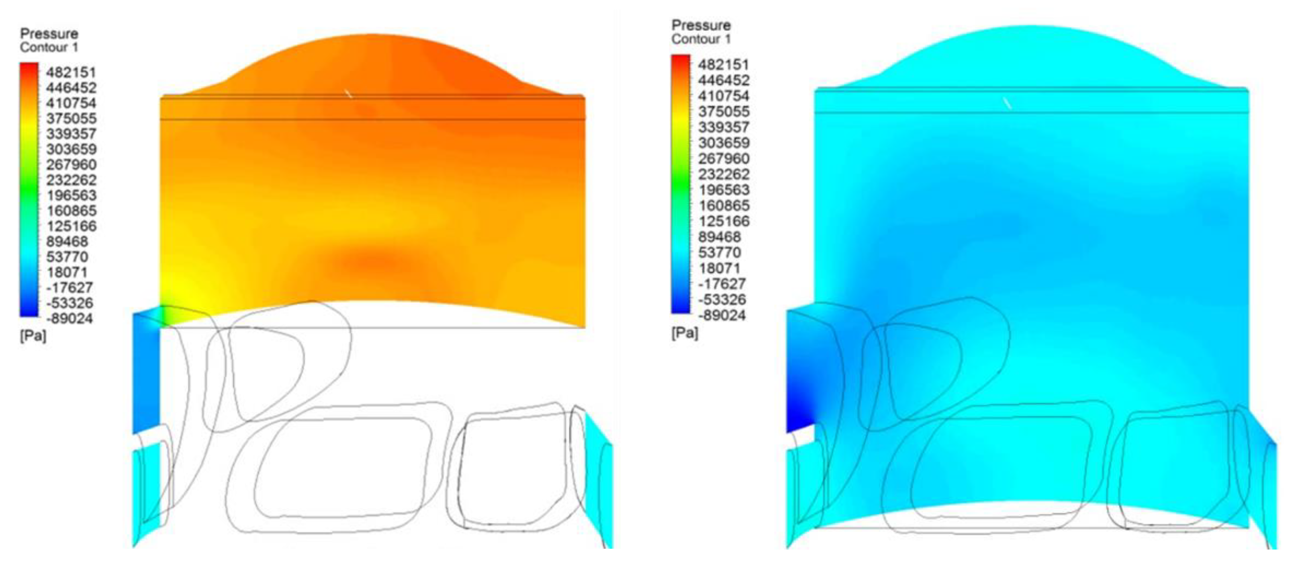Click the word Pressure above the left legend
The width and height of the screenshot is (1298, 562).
(x=49, y=34)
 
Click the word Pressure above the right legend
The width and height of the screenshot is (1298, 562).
(x=701, y=25)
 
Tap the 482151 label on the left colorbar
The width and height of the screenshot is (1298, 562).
(x=71, y=72)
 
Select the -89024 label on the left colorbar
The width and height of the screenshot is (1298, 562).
(x=69, y=318)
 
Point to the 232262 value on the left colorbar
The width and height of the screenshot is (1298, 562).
(x=71, y=180)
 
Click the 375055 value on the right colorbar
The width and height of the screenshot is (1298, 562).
(x=724, y=111)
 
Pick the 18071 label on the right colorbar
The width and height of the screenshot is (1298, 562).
(x=719, y=268)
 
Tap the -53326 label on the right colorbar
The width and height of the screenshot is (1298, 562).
(x=722, y=299)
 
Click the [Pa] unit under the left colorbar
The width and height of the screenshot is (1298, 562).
(x=33, y=336)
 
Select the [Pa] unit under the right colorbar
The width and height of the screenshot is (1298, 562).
(x=685, y=333)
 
